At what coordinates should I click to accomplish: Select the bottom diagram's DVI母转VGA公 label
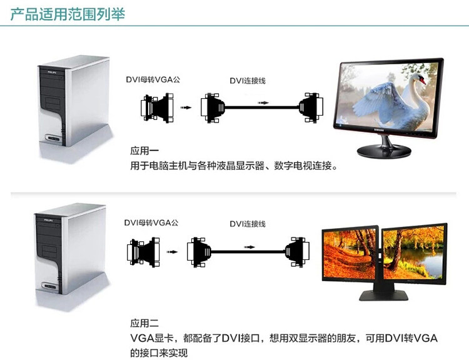pos(151,222)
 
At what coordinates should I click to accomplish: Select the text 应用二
pos(144,323)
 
